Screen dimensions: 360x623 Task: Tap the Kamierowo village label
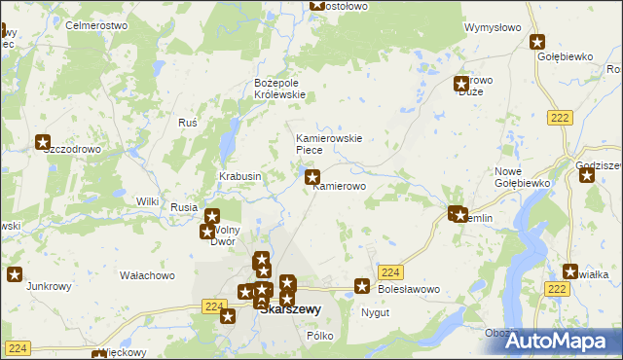coord(339,186)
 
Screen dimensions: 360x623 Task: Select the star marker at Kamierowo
coord(312,177)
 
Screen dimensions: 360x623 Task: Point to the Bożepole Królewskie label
coord(279,88)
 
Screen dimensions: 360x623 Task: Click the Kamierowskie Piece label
coord(329,144)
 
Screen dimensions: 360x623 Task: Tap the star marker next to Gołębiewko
coord(536,42)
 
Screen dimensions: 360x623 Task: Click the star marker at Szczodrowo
coord(43,142)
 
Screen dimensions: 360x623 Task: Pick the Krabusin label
coord(239,176)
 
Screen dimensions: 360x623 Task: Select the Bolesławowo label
coord(409,289)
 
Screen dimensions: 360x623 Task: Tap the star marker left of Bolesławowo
coord(362,286)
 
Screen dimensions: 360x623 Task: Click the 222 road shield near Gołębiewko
coord(558,117)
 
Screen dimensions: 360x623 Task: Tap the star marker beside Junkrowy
coord(14,274)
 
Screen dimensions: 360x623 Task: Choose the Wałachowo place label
coord(147,275)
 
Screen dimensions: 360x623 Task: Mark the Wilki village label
coord(147,201)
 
